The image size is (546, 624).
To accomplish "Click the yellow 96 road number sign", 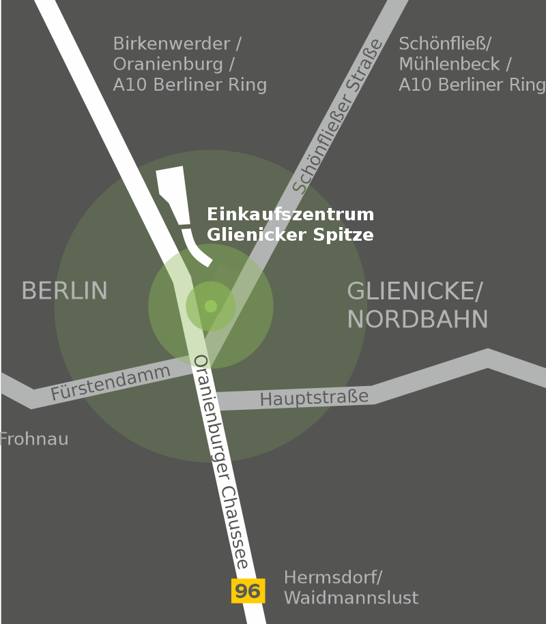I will click(248, 591).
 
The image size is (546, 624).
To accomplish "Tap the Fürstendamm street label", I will click(110, 383).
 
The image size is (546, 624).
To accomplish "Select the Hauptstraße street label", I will click(314, 398).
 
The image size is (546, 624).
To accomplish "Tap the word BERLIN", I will click(64, 291).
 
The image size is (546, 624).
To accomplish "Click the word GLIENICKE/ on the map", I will click(415, 291).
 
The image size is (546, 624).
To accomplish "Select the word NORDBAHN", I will click(418, 319).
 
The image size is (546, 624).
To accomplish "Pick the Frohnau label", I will click(34, 439).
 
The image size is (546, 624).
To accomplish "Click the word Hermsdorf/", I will click(333, 578).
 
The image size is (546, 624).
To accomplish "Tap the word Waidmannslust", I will click(351, 598).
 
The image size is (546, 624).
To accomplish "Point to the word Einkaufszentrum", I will click(291, 214).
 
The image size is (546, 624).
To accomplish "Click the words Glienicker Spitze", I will click(291, 235).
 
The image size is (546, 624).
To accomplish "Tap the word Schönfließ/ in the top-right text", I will click(445, 44).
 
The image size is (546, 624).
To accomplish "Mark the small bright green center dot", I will click(211, 306).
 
